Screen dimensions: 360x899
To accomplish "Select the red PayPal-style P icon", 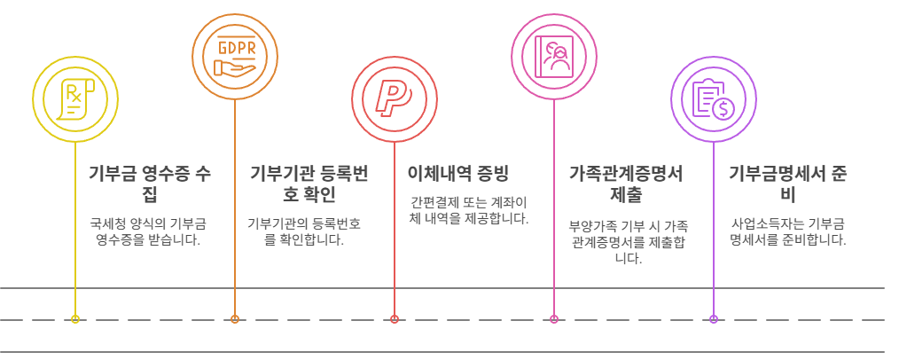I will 394,97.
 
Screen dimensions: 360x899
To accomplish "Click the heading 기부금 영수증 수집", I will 150,183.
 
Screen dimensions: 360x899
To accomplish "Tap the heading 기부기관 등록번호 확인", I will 309,183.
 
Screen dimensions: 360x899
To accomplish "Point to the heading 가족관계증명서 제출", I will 626,183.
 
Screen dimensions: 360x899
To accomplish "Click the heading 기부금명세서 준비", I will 787,183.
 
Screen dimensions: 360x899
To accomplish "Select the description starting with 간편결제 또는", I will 469,210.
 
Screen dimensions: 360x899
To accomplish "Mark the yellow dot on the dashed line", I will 75,319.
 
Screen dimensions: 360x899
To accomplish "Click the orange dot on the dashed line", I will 235,319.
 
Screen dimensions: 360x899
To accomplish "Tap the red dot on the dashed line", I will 395,319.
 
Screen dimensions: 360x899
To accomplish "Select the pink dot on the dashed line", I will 554,319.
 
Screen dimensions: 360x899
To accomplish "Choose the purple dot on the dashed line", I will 714,319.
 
